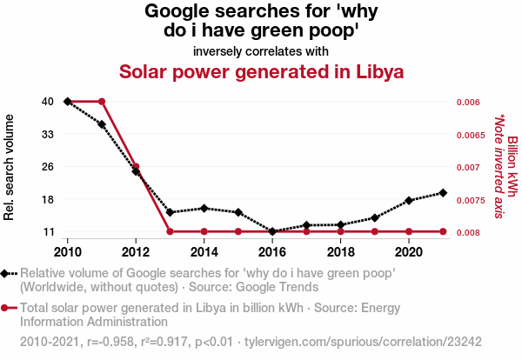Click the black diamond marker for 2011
(102, 124)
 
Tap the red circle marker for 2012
(136, 166)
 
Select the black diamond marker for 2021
(443, 193)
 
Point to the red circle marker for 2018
(340, 231)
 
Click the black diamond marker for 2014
(204, 209)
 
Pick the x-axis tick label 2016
(272, 252)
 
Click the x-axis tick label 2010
(68, 252)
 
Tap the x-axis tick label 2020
(409, 252)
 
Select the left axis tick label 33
(48, 134)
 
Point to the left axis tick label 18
(48, 199)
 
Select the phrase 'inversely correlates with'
(261, 50)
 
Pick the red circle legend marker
(6, 308)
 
